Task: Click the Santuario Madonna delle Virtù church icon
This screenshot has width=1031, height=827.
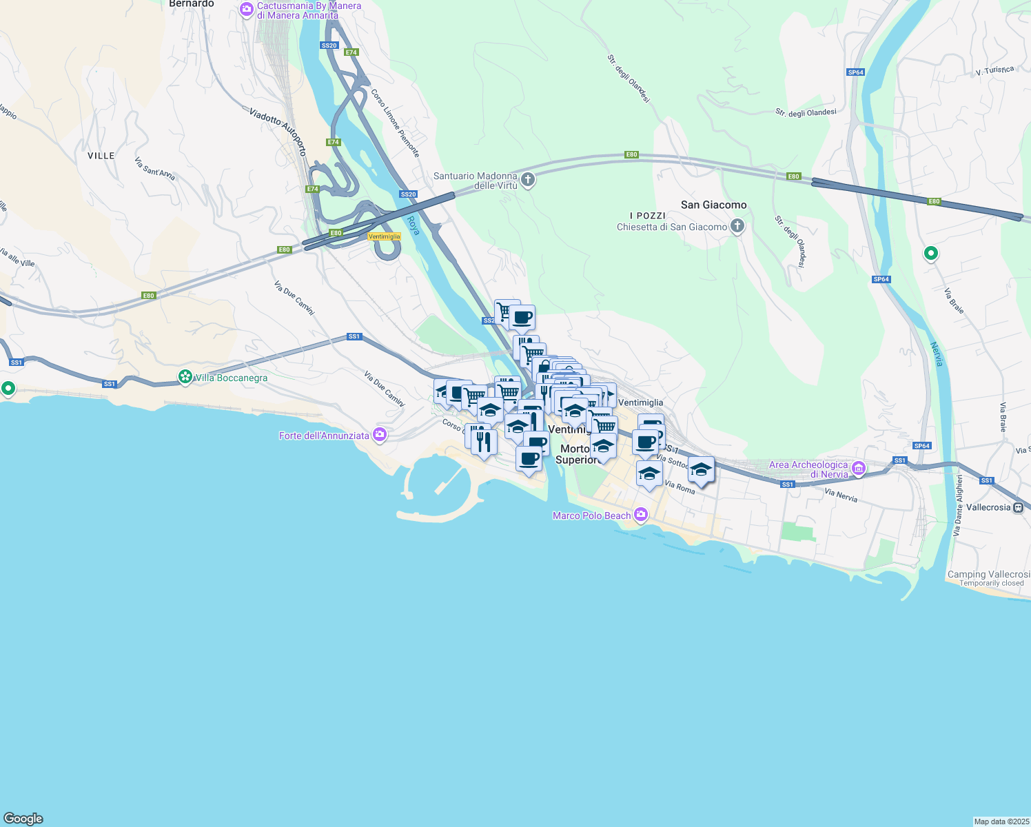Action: tap(528, 181)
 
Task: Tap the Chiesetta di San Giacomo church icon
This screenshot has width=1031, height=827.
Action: tap(737, 226)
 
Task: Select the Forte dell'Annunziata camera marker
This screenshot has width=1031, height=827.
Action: tap(379, 435)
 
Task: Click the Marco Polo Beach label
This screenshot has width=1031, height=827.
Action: tap(591, 515)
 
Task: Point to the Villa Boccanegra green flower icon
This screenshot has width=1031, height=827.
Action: tap(185, 377)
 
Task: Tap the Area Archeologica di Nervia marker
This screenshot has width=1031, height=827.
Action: tap(859, 469)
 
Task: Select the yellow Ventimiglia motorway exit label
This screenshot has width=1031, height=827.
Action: tap(385, 236)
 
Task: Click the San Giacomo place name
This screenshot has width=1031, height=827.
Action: tap(713, 205)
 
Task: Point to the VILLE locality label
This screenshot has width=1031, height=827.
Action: tap(101, 156)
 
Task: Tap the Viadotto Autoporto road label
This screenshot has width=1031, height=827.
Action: tap(278, 131)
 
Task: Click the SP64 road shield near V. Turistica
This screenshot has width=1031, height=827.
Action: tap(855, 72)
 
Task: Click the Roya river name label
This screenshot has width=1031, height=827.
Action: tap(413, 225)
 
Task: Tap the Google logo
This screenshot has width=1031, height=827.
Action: tap(23, 818)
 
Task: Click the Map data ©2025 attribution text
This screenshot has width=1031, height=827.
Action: tap(1001, 821)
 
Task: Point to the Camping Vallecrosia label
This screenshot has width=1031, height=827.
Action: tap(988, 574)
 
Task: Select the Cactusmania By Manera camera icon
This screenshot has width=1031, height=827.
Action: tap(247, 10)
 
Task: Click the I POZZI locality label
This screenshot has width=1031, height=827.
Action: tap(647, 216)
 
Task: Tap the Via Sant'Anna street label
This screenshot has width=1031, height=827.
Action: tap(154, 169)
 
